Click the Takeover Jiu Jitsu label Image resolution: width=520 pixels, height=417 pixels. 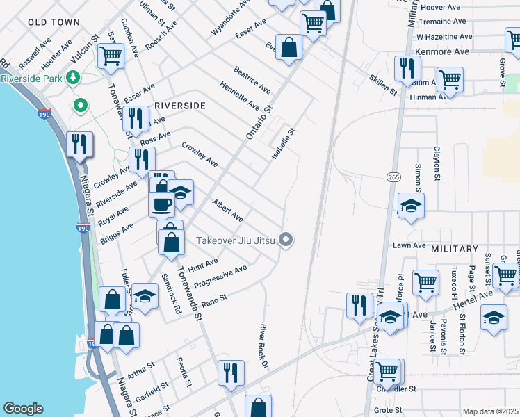click(x=236, y=240)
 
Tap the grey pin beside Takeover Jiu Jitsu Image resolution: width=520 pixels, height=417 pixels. click(x=286, y=240)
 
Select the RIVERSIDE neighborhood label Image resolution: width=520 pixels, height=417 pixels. click(x=179, y=106)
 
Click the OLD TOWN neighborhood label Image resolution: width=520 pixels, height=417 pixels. click(x=54, y=22)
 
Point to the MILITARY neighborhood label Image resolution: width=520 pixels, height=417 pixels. click(x=455, y=248)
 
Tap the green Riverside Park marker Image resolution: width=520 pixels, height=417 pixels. click(x=81, y=106)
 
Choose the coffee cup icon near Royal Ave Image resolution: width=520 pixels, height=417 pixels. click(x=161, y=204)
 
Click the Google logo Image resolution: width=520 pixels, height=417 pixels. click(x=23, y=409)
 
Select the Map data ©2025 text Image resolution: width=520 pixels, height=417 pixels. click(x=490, y=411)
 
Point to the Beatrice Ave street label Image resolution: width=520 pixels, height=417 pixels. click(x=252, y=80)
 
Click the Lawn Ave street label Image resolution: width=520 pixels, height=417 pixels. click(x=409, y=245)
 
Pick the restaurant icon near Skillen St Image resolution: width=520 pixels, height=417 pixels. click(x=407, y=68)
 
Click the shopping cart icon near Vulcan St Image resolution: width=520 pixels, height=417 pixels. click(x=111, y=56)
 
